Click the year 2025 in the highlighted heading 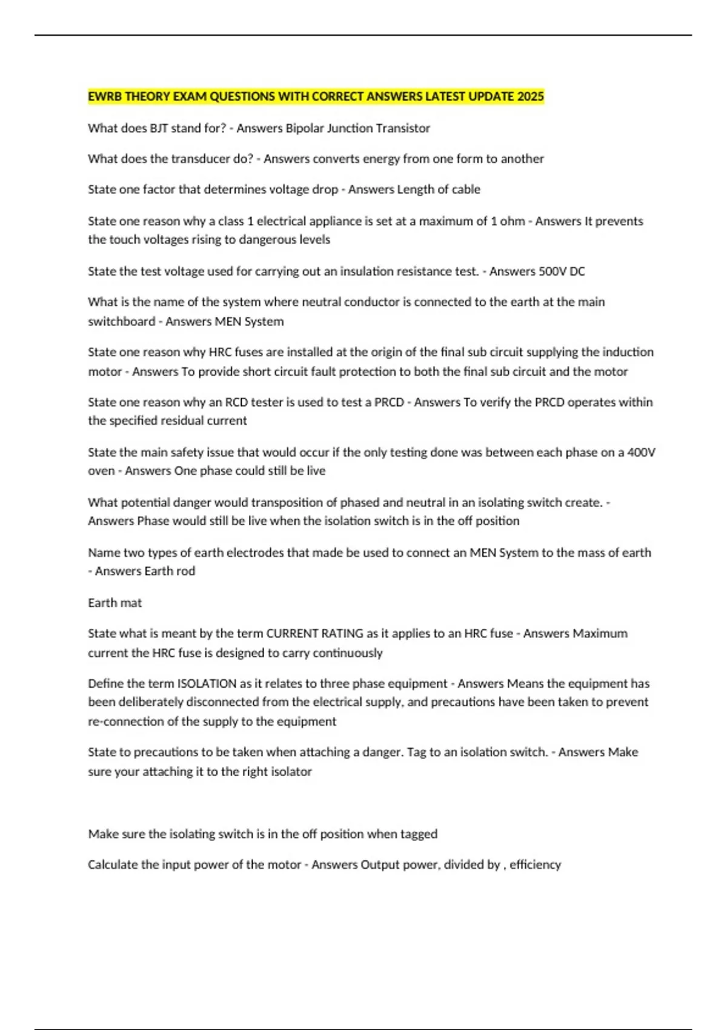(x=531, y=97)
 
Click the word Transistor (x=403, y=128)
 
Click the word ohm (x=513, y=221)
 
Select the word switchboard (x=121, y=322)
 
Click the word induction (x=629, y=352)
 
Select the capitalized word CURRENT (x=292, y=634)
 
